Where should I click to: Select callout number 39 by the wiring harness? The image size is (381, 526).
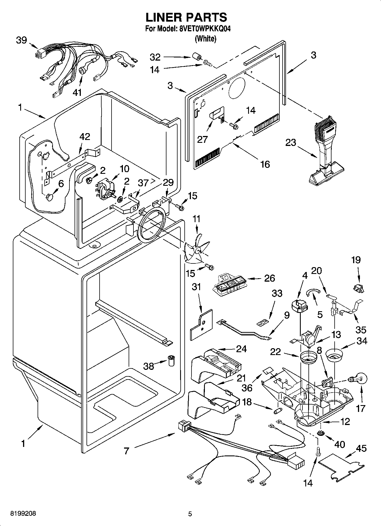[21, 40]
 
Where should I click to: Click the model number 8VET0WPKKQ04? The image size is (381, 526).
[204, 29]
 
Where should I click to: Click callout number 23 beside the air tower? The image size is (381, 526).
[291, 143]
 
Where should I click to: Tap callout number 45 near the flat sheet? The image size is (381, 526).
[361, 448]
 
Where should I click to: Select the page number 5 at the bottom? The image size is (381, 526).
[190, 514]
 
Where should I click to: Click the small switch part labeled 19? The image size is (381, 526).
[358, 288]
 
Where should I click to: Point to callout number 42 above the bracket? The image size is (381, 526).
[85, 137]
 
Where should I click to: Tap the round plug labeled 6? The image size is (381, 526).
[50, 197]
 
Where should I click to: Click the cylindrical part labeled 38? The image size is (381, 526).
[171, 360]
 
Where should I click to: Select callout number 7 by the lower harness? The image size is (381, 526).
[126, 451]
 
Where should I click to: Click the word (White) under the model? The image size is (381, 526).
[205, 39]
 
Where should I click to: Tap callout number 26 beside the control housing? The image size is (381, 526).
[269, 278]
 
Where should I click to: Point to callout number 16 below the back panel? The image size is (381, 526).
[265, 164]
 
